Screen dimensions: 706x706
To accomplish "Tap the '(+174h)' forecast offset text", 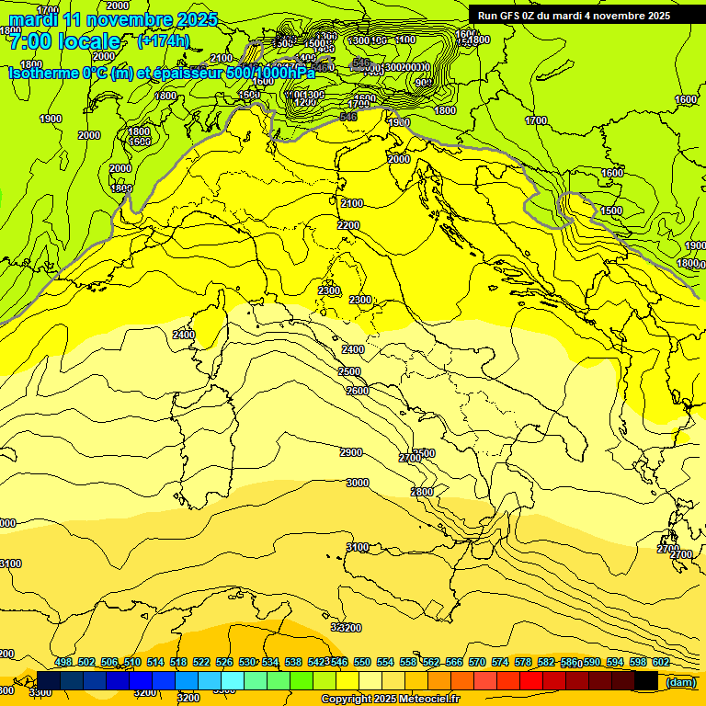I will click(164, 40).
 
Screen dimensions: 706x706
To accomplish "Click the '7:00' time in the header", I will click(29, 41).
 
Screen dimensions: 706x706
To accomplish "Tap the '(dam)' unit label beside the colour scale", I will click(680, 681).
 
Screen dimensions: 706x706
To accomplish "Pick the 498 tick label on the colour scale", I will click(63, 662).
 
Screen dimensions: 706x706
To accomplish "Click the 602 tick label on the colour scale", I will click(661, 662).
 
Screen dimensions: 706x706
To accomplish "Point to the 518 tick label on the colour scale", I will click(178, 662).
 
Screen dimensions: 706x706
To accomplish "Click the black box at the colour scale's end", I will click(646, 680).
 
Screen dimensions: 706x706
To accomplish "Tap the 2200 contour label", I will click(348, 225).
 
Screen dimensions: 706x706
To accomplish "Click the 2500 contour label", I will click(349, 371).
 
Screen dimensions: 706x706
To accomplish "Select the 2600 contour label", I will click(358, 391).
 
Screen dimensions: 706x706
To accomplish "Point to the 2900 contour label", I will click(350, 452).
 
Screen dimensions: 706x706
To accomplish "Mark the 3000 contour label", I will click(358, 483).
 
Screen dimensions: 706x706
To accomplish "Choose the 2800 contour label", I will click(421, 492).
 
